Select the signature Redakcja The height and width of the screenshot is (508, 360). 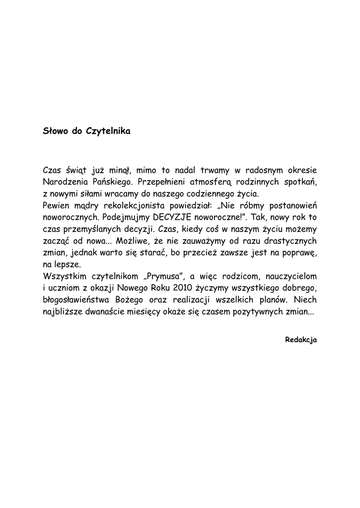301,340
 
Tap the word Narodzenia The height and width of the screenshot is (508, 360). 66,182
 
